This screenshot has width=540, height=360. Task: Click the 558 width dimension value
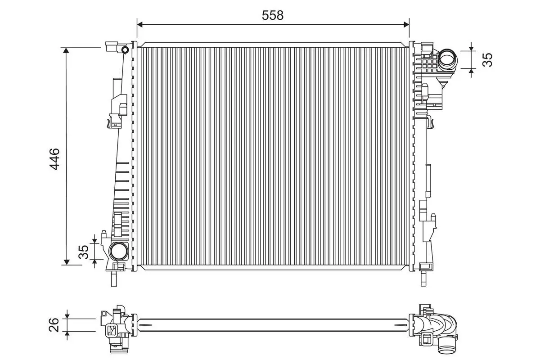tap(273, 15)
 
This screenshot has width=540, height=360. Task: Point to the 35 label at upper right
tap(487, 59)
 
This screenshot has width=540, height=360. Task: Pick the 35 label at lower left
tap(84, 252)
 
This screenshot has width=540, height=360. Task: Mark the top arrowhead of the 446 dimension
tap(67, 50)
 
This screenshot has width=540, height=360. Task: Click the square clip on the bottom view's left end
tap(111, 331)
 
